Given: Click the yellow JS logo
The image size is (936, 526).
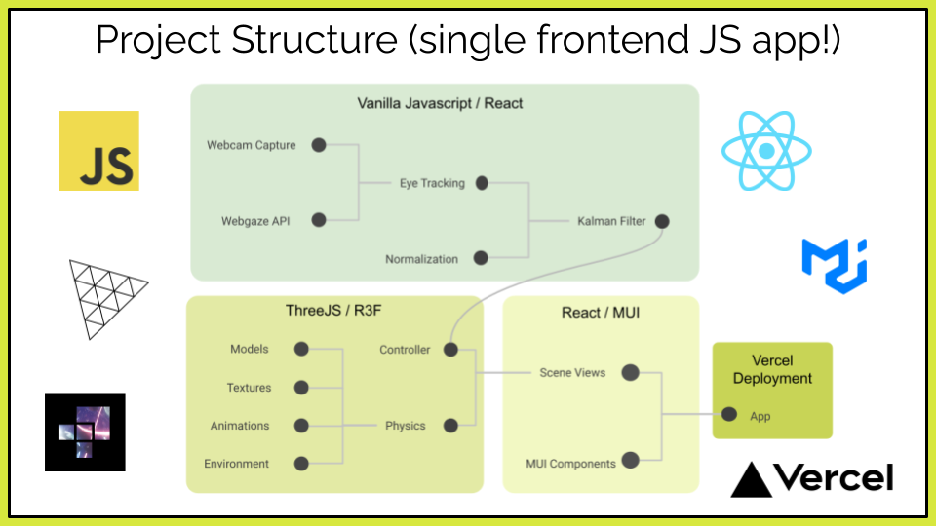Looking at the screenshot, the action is click(x=98, y=151).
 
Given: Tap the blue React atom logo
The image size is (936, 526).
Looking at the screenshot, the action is click(x=766, y=151).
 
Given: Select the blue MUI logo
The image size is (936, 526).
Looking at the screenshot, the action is click(x=835, y=266).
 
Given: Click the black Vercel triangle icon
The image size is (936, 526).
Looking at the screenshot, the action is click(x=751, y=479).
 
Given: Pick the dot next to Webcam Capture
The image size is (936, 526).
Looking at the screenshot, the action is click(x=319, y=145).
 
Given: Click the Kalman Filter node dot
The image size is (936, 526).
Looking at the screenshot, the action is click(x=662, y=221).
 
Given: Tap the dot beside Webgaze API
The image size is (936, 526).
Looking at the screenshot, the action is click(x=319, y=220).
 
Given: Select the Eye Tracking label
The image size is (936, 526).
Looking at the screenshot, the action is click(x=432, y=183).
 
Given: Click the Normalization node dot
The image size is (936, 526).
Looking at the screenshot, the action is click(x=481, y=258).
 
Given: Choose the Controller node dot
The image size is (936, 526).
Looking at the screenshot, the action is click(x=450, y=350).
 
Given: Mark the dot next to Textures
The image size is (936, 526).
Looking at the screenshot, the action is click(x=301, y=388).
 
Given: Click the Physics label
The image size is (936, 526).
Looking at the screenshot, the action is click(x=406, y=426).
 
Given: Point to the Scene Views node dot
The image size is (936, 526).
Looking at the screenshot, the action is click(x=631, y=373).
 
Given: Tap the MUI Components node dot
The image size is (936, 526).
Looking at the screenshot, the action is click(x=631, y=460).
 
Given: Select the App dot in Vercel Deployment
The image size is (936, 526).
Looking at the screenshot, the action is click(x=729, y=414).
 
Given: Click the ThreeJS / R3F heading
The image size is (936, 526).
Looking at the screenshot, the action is click(x=333, y=311).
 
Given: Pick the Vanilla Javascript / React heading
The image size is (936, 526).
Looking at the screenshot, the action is click(x=440, y=104).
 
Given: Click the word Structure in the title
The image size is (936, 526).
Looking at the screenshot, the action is click(x=315, y=40).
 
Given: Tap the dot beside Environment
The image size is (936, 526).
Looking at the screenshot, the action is click(x=301, y=464).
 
